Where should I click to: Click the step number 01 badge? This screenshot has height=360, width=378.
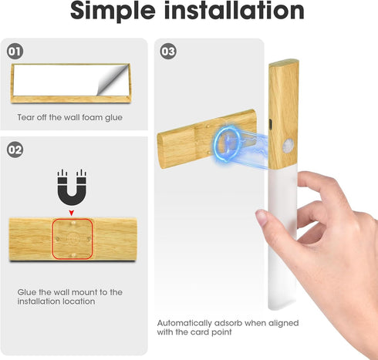click(x=15, y=52)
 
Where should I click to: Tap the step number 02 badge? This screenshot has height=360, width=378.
click(x=15, y=150)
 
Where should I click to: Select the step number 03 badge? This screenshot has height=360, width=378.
click(x=168, y=52)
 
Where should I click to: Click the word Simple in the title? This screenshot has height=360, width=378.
click(x=113, y=12)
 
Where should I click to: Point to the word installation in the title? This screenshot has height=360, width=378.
click(x=235, y=10)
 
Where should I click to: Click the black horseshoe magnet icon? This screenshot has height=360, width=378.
click(x=72, y=187)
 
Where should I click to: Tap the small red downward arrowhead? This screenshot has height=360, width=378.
click(x=72, y=213)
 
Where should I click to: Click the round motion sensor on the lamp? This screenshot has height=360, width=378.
click(x=289, y=145)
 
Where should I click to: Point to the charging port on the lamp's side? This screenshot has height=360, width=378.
click(x=270, y=123)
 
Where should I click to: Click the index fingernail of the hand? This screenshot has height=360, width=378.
click(x=262, y=217)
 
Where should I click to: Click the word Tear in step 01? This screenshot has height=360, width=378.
click(x=25, y=117)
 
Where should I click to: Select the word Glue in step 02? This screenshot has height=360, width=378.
click(x=27, y=292)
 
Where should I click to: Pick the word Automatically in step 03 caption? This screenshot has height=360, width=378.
click(x=184, y=323)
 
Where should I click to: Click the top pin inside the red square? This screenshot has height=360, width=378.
click(x=73, y=223)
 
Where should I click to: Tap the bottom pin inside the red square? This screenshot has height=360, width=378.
click(x=73, y=255)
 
